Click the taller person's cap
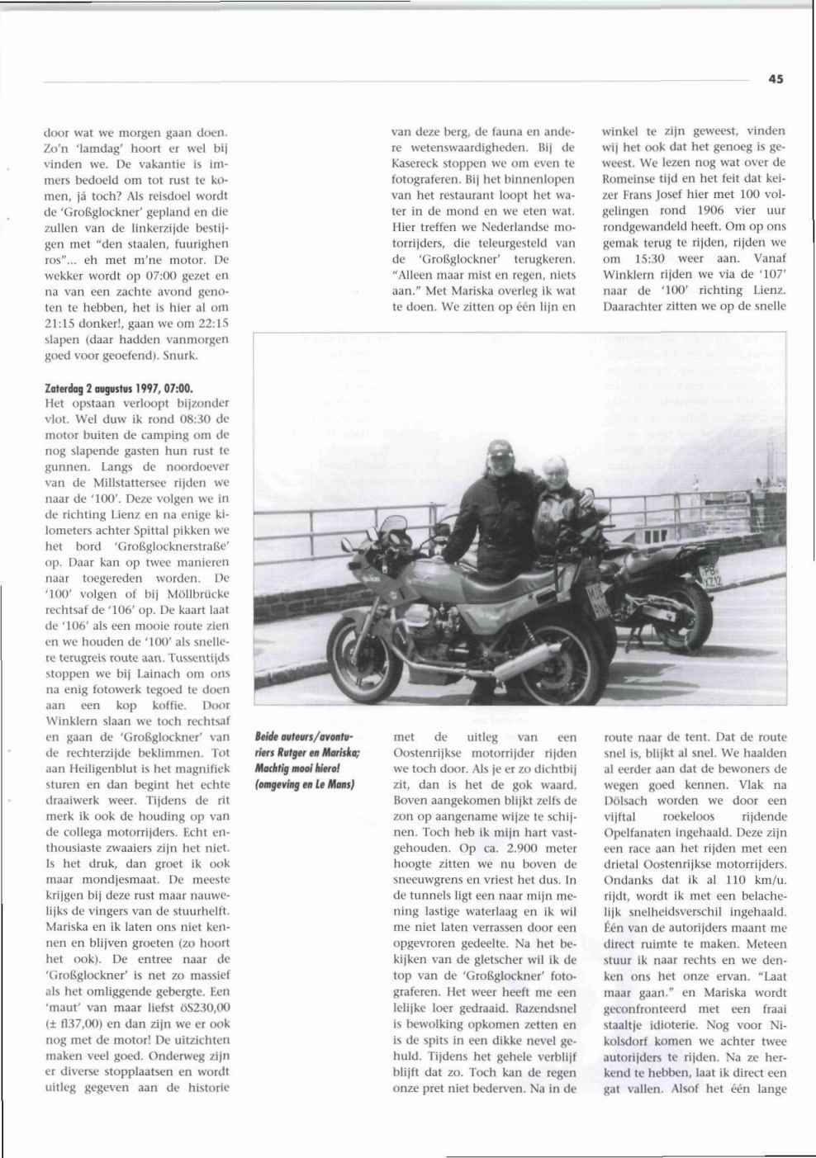tap(500, 449)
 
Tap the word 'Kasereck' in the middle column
tap(418, 163)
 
